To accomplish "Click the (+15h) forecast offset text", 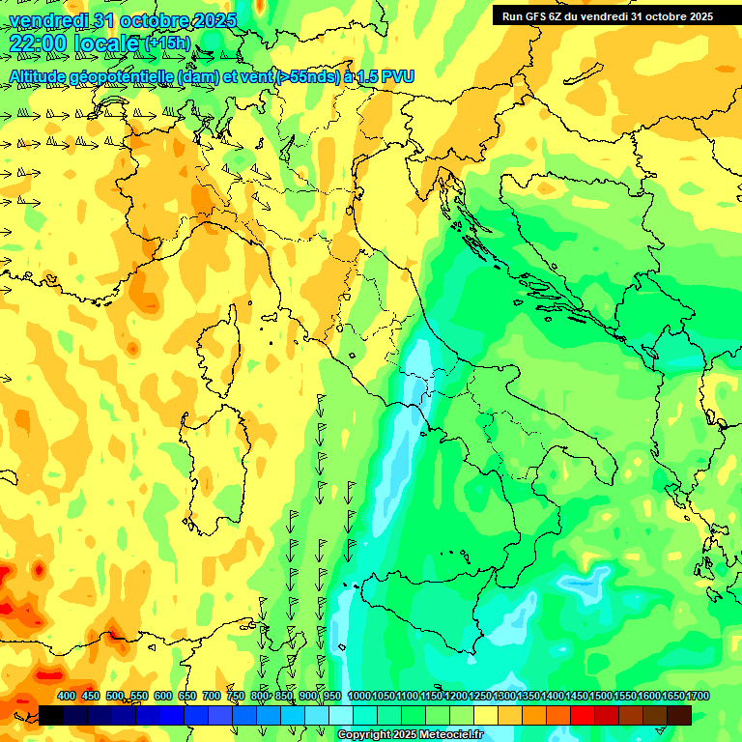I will [x=166, y=43].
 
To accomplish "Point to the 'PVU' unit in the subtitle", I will [x=398, y=76].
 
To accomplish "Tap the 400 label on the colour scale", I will [x=67, y=696].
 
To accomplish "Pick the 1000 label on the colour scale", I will [x=358, y=696].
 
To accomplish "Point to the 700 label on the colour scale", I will [x=212, y=696].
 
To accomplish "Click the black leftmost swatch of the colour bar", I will [x=51, y=715].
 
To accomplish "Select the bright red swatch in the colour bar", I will [x=583, y=715].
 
